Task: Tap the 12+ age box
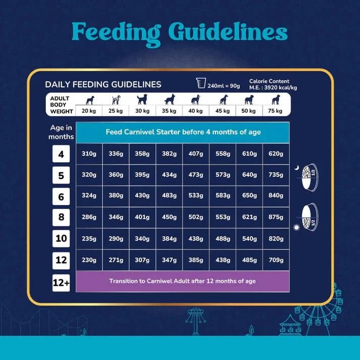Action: (61, 283)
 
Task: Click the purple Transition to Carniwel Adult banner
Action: (182, 281)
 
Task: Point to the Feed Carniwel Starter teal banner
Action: (183, 132)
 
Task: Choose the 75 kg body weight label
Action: (275, 111)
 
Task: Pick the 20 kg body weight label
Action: (89, 111)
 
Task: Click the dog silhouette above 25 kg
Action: (116, 99)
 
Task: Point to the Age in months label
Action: (61, 132)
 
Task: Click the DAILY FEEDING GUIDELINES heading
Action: (103, 84)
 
